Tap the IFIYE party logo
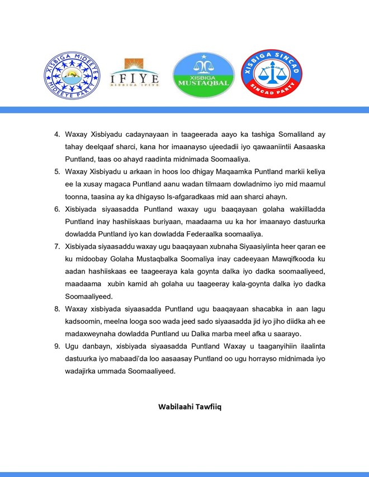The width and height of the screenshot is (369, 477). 134,76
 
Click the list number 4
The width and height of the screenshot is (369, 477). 56,135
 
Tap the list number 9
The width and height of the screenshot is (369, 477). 56,346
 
